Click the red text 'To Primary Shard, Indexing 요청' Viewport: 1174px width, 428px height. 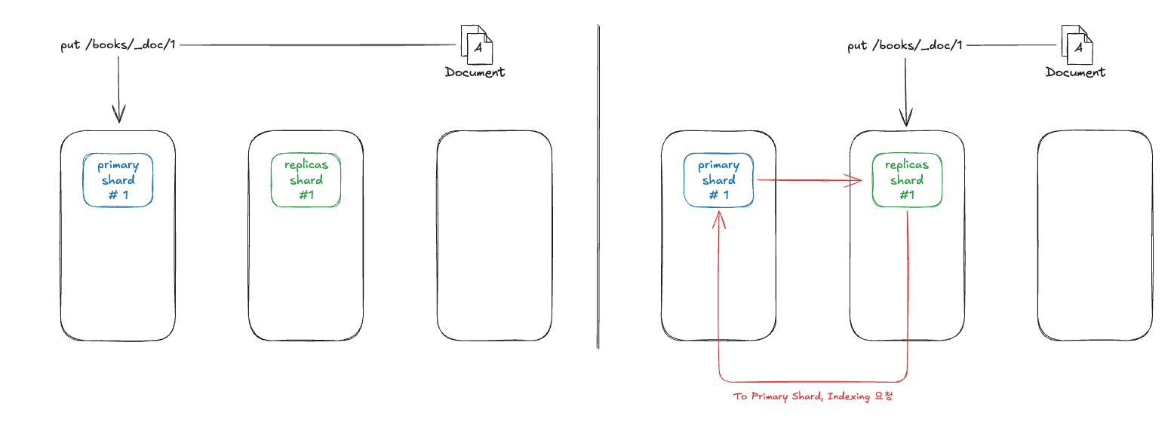click(x=813, y=396)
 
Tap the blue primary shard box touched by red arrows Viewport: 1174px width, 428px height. click(x=718, y=180)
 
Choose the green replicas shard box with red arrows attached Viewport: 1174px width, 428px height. click(x=906, y=180)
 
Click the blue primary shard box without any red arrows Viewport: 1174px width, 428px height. click(x=118, y=180)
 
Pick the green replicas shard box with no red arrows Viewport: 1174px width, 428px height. click(x=306, y=180)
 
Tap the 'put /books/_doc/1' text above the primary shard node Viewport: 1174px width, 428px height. click(x=118, y=46)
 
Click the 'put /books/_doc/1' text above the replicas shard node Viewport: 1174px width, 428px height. click(x=905, y=46)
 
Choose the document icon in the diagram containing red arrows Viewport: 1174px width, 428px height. click(x=1077, y=45)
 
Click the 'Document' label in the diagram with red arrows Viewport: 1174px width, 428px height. click(x=1075, y=72)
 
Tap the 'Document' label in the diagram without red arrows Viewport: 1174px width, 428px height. click(x=475, y=72)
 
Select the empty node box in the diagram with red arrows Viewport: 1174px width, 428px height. click(x=1095, y=236)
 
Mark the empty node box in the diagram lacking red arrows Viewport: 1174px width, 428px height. click(x=494, y=236)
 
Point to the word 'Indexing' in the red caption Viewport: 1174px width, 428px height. click(x=850, y=396)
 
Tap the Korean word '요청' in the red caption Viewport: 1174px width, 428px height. click(x=884, y=396)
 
